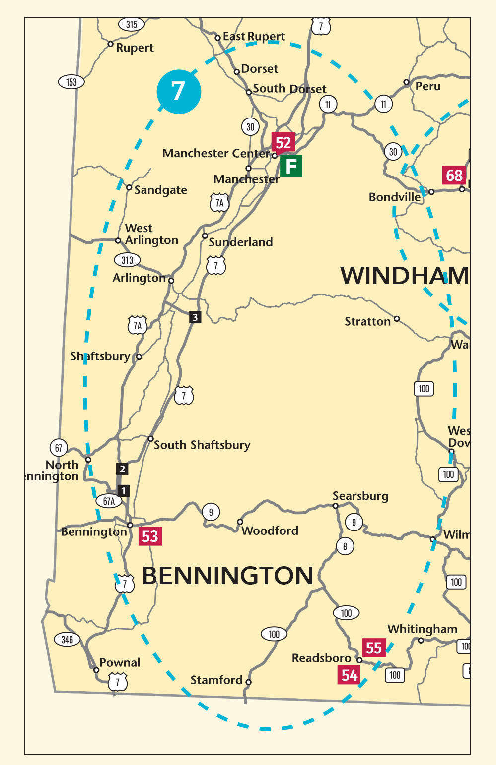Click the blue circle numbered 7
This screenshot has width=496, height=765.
pos(179,92)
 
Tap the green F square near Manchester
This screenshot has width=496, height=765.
pos(291,166)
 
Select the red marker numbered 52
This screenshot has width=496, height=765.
pos(283,143)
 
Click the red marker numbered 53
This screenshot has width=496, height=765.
pos(150,536)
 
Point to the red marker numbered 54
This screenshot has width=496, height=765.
pos(350,675)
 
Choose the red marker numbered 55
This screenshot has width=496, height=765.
pos(374,647)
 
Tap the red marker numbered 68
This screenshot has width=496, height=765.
pos(454,176)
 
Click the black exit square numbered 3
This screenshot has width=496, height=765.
pos(195,317)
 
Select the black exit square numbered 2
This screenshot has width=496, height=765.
pos(122,469)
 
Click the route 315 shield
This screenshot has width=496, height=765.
pos(131,24)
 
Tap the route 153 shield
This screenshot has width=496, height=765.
pos(71,82)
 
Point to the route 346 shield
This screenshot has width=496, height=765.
pos(67,639)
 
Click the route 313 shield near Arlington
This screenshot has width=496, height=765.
pos(127,260)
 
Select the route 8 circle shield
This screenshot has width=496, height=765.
pos(345,547)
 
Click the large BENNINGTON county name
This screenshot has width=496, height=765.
pos(227,576)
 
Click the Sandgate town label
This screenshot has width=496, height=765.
pos(160,190)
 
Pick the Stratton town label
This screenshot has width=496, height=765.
pos(367,322)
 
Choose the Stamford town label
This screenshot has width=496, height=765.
pos(216,680)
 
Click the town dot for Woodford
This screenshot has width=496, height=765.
pos(240,522)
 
